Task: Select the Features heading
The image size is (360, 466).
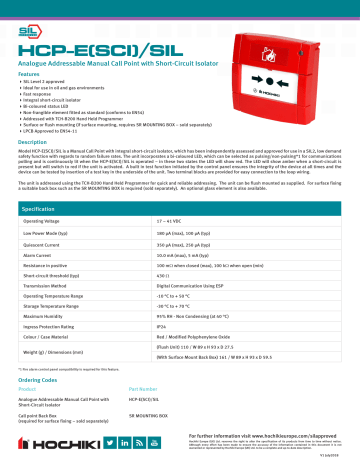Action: (x=31, y=73)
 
